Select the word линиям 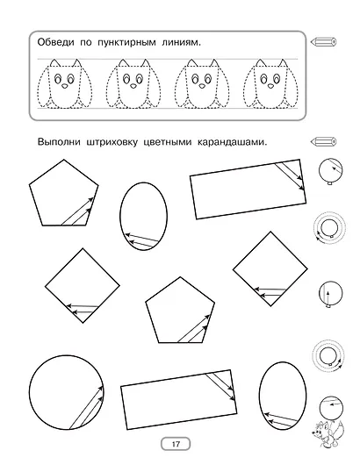pyautogui.click(x=195, y=43)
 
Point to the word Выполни pyautogui.click(x=59, y=142)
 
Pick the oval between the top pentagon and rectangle pyautogui.click(x=141, y=215)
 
